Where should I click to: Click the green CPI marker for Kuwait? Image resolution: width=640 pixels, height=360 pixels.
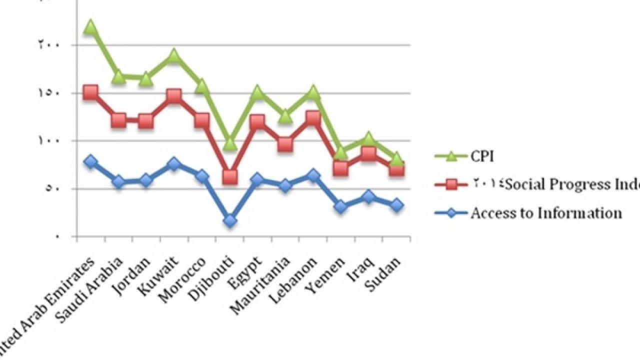pyautogui.click(x=174, y=55)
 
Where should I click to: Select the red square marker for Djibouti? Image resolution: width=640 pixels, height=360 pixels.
pyautogui.click(x=230, y=177)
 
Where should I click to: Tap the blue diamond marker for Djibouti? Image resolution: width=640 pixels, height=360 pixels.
pyautogui.click(x=230, y=221)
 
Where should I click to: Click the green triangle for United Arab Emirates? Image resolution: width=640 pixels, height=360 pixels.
pyautogui.click(x=90, y=26)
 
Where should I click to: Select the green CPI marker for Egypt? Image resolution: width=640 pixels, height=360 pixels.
pyautogui.click(x=257, y=92)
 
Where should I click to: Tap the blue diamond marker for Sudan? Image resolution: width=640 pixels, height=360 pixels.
pyautogui.click(x=397, y=205)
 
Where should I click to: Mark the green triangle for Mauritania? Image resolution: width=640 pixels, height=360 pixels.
pyautogui.click(x=285, y=116)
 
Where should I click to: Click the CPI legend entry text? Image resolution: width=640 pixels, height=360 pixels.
pyautogui.click(x=482, y=156)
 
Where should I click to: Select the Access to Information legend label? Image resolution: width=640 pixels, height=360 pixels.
pyautogui.click(x=546, y=213)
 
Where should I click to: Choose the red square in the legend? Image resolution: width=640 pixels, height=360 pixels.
pyautogui.click(x=451, y=184)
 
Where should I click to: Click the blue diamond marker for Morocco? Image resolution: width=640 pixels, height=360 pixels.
pyautogui.click(x=202, y=176)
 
